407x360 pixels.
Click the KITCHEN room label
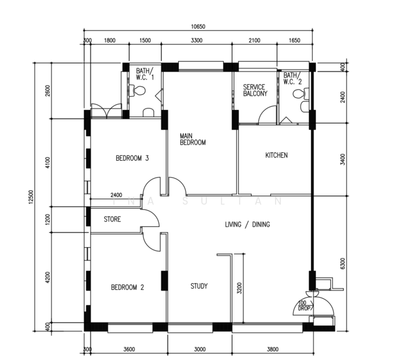coord(276,155)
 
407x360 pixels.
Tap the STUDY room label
coord(199,286)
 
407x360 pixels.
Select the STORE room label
coord(113,219)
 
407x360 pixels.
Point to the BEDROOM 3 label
coord(132,158)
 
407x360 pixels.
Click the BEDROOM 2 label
coord(128,287)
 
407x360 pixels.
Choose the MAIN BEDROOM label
coord(193,139)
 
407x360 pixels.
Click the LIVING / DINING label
coord(248,224)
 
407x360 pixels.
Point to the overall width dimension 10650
coord(198,26)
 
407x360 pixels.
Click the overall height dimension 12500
coord(31,197)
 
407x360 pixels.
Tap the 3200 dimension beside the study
coord(239,288)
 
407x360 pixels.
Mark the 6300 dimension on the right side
coord(343,263)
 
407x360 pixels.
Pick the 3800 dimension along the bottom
coord(273,349)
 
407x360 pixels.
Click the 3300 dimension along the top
coord(197,41)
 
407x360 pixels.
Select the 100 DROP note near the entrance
coord(304,306)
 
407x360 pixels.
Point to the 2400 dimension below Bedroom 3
coord(116,195)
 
